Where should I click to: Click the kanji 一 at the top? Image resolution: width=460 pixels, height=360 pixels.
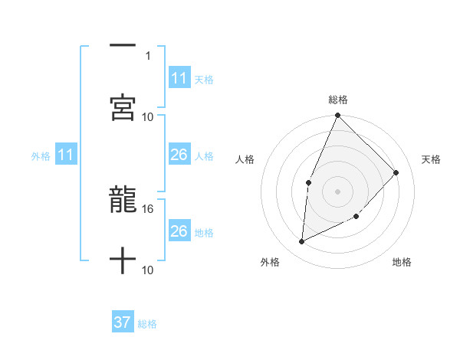(123, 47)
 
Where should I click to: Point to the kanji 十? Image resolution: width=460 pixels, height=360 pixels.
(123, 261)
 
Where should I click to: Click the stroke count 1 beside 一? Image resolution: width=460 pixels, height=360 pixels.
(147, 55)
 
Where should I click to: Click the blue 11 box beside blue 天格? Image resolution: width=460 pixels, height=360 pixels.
(179, 78)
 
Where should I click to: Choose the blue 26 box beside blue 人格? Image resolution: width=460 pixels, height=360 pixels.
(179, 155)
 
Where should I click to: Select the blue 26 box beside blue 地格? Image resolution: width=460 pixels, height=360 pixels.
(179, 231)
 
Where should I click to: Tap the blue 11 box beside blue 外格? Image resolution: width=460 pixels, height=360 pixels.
(66, 155)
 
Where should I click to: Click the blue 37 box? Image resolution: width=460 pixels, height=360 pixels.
(123, 322)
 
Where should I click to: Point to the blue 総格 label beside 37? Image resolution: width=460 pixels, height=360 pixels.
(147, 324)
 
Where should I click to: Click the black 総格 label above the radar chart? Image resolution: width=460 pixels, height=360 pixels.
(337, 100)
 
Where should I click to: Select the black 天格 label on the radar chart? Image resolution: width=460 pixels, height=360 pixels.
(431, 159)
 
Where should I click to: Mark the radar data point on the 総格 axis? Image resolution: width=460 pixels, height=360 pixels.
(337, 116)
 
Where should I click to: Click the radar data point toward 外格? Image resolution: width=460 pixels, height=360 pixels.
(302, 242)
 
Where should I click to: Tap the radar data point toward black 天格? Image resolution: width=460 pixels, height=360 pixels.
(396, 172)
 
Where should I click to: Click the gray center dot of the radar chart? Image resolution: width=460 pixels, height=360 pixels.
(337, 191)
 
